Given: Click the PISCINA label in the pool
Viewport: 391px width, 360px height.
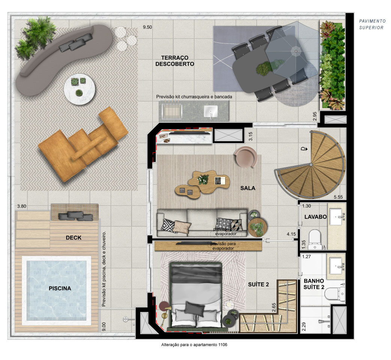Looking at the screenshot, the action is (x=60, y=288).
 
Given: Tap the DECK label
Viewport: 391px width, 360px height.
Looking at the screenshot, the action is (x=74, y=238).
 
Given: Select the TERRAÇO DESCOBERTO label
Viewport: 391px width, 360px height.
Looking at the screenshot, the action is (x=174, y=61).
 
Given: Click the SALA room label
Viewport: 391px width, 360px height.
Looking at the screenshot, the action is (x=248, y=188).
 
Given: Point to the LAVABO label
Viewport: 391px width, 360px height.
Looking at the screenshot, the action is (x=316, y=217).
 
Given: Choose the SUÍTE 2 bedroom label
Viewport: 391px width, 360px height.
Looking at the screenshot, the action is (x=258, y=285).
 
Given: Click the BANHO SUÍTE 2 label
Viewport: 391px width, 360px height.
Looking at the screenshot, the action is (x=314, y=284).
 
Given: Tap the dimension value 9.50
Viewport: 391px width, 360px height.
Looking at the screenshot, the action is (x=147, y=27).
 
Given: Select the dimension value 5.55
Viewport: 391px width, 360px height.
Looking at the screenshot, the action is (x=338, y=197).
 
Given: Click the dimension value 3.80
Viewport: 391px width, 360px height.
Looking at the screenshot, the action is (x=22, y=206).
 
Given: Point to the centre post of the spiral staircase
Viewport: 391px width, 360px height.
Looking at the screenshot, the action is (x=311, y=165).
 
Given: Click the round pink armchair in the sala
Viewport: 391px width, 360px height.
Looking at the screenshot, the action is (x=245, y=157).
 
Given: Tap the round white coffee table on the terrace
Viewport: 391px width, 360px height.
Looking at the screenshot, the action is (x=79, y=89).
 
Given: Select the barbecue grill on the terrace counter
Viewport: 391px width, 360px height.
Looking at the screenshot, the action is (x=172, y=110).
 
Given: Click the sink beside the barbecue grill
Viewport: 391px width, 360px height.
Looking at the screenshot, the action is (x=211, y=111).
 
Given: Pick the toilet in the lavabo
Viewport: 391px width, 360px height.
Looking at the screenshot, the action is (x=314, y=239).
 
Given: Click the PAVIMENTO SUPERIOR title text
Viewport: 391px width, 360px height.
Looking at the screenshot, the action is (x=372, y=24).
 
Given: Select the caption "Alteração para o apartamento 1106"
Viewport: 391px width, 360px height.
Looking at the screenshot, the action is (x=194, y=345).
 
